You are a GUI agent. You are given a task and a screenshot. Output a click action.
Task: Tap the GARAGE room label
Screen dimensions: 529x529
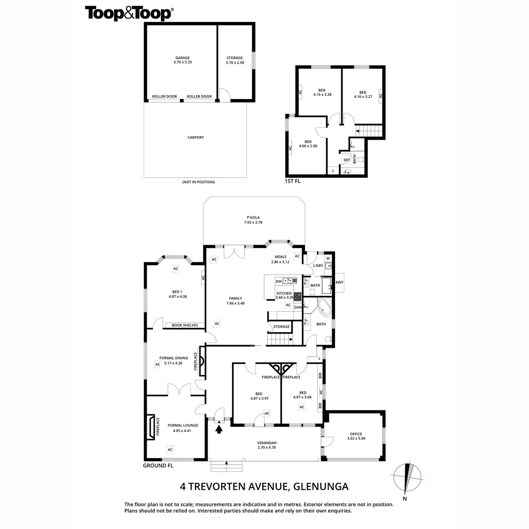click(x=183, y=60)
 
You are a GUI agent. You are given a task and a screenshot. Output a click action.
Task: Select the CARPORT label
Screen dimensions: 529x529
click(x=196, y=138)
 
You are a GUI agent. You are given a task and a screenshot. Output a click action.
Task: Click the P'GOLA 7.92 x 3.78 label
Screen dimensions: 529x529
click(x=253, y=220)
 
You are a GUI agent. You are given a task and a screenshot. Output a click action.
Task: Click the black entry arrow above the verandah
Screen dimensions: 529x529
click(x=219, y=428)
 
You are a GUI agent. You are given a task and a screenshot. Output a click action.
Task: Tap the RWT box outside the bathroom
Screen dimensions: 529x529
click(x=339, y=283)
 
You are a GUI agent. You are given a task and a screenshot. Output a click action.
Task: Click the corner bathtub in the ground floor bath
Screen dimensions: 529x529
click(x=325, y=307)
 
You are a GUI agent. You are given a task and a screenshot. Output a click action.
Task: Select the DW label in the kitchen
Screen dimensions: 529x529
click(x=279, y=281)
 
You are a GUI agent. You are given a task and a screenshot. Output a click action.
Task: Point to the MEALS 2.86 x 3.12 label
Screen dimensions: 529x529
click(x=280, y=259)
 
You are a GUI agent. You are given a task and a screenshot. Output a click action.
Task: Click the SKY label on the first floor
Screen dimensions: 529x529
click(x=347, y=160)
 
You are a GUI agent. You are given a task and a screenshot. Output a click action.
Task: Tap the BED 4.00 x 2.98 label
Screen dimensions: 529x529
click(x=308, y=144)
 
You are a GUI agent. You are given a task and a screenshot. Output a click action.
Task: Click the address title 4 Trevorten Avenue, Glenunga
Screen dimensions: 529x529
click(x=264, y=487)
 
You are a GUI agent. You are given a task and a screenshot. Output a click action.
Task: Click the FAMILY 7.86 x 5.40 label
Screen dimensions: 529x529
click(x=235, y=301)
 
